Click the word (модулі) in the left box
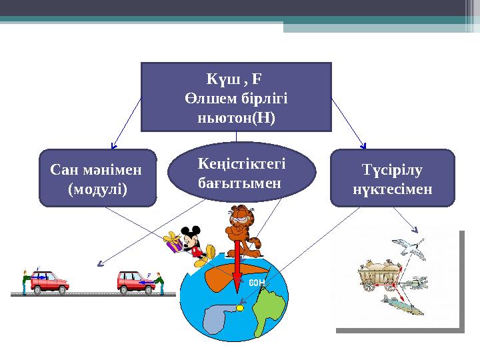(x=97, y=188)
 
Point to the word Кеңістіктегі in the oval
(x=241, y=163)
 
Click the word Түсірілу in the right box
(x=392, y=171)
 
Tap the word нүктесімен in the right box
(x=392, y=189)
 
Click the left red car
(x=50, y=282)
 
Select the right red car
(x=137, y=282)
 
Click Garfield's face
(x=239, y=219)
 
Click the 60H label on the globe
(x=257, y=283)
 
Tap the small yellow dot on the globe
(x=240, y=308)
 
